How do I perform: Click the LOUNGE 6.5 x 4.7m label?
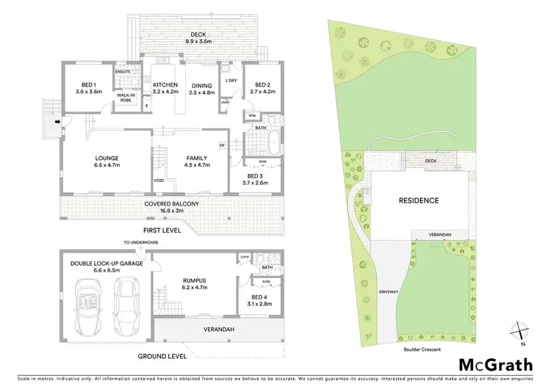(107, 162)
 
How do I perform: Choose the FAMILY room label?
(195, 162)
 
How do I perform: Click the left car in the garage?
(92, 302)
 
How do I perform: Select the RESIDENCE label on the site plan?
(419, 200)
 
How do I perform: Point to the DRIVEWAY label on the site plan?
(388, 292)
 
